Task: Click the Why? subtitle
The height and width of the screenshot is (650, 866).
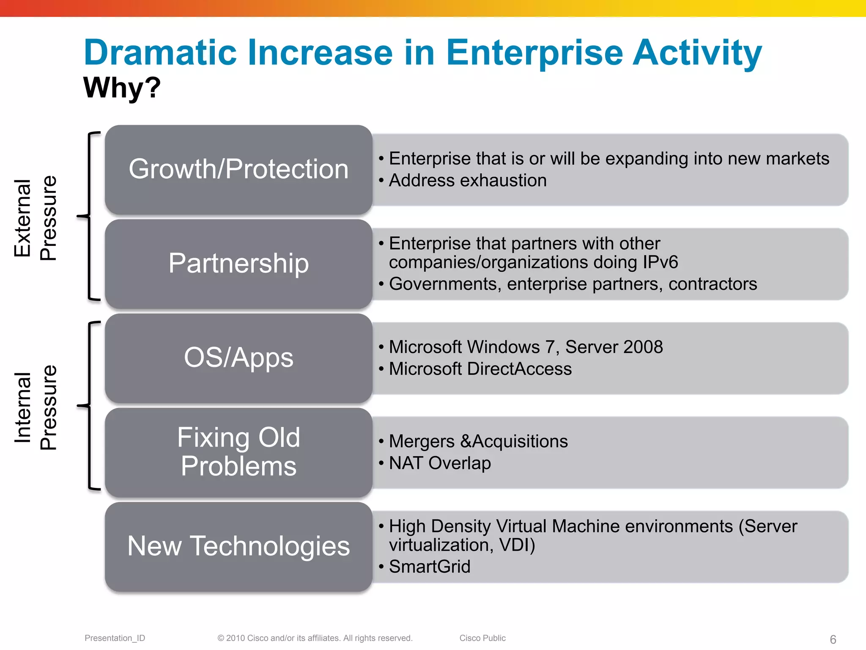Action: (x=122, y=88)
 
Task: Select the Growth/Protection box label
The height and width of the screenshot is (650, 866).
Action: (x=238, y=169)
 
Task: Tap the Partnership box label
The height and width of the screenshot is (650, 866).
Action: (x=238, y=263)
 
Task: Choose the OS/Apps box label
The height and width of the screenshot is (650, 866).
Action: (x=238, y=358)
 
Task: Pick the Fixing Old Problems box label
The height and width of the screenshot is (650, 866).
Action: (x=238, y=452)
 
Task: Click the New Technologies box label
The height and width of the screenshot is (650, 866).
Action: (x=238, y=546)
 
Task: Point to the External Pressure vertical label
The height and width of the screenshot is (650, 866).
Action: (x=35, y=218)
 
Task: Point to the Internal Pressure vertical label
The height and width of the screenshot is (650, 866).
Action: (x=35, y=407)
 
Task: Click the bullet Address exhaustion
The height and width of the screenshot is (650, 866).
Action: (x=467, y=181)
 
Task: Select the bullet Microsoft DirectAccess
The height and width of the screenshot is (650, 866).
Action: (x=480, y=369)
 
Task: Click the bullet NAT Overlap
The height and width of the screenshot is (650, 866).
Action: (x=440, y=463)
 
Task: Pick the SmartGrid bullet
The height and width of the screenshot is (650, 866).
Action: (x=429, y=567)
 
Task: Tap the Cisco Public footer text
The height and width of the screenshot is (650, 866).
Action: (x=482, y=638)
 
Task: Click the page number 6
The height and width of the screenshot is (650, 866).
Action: (x=833, y=639)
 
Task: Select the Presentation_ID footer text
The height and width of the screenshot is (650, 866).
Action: (x=115, y=638)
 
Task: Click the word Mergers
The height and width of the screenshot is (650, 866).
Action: (x=422, y=441)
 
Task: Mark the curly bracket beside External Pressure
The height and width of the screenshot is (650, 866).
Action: (x=89, y=216)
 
